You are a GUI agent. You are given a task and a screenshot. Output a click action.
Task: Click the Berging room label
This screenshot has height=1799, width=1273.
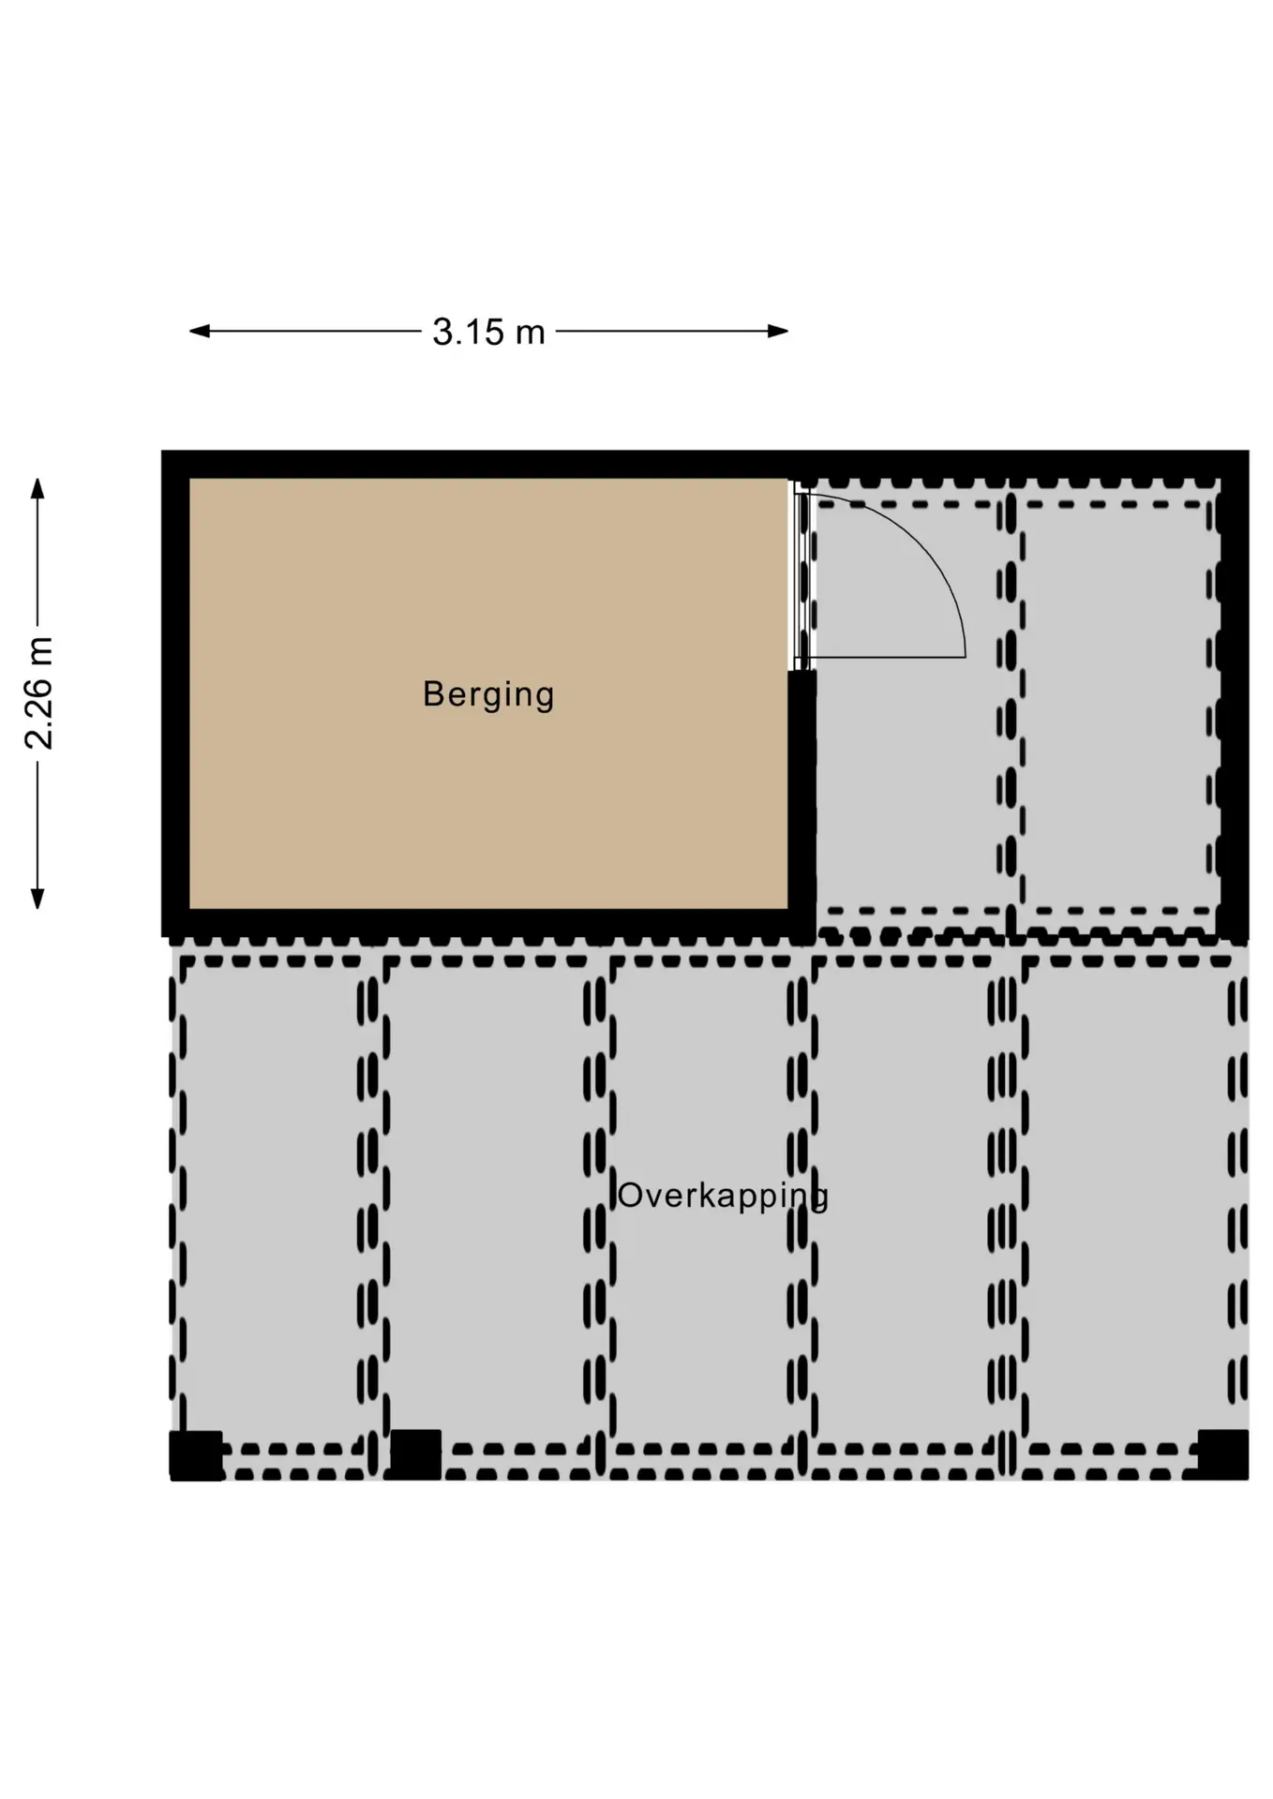tap(488, 695)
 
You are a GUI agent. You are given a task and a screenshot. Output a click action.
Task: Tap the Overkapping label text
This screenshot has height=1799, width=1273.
tap(723, 1197)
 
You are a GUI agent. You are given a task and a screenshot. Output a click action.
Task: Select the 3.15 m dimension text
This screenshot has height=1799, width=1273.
tap(488, 332)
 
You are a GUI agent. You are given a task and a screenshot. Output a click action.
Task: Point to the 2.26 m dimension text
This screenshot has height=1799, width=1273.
tap(39, 692)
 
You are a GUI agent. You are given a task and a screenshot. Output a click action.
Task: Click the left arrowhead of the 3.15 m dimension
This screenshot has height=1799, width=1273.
tap(199, 331)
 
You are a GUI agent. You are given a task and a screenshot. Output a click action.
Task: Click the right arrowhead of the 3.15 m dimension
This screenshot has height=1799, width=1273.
tap(778, 331)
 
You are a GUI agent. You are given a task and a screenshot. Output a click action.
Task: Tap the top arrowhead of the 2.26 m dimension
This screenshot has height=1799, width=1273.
tap(37, 488)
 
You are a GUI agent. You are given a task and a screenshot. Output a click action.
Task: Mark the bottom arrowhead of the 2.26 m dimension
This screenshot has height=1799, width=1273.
tap(37, 899)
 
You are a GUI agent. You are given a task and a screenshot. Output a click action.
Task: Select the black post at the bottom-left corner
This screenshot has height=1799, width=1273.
tap(196, 1455)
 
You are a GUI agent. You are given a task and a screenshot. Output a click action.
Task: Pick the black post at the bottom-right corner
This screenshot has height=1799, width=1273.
tap(1223, 1455)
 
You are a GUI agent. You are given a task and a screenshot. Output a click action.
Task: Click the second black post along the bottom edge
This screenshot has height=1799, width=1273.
tap(415, 1455)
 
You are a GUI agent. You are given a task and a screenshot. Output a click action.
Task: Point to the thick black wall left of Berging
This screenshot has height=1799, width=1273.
tap(175, 693)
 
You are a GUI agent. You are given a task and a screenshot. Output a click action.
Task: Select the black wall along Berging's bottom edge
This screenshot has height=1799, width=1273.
tap(488, 923)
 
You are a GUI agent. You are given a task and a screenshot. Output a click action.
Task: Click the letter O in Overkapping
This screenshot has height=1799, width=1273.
tap(630, 1196)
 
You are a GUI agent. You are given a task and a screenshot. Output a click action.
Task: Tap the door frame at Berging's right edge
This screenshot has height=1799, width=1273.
tap(801, 575)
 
